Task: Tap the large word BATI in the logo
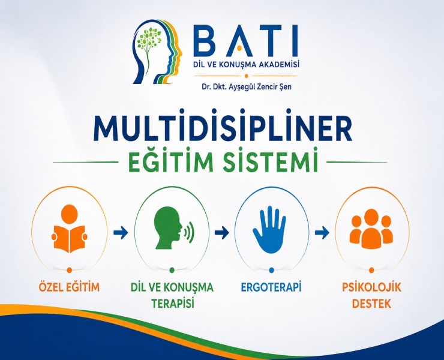click(246, 41)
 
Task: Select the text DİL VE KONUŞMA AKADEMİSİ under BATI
click(246, 65)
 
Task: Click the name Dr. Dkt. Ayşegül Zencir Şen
click(247, 87)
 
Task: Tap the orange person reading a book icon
click(69, 229)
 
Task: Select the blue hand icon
click(269, 229)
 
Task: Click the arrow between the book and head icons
click(121, 233)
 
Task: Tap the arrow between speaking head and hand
click(222, 233)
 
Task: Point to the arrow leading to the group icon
click(322, 233)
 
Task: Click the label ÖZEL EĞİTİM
click(69, 286)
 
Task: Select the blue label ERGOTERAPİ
click(271, 287)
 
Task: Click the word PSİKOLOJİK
click(371, 287)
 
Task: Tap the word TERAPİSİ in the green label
click(172, 304)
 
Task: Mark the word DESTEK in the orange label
click(371, 304)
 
